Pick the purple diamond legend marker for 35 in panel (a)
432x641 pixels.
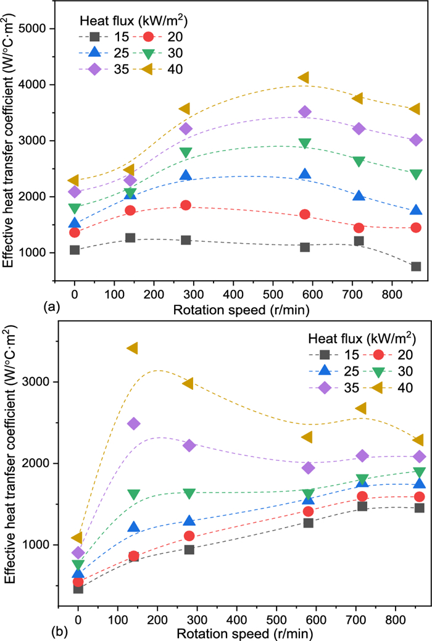point(94,69)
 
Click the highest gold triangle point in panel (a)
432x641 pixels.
point(303,78)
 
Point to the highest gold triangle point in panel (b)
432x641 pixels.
point(131,349)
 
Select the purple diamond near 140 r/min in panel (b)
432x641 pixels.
point(133,423)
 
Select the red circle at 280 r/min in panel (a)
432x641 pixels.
point(185,205)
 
